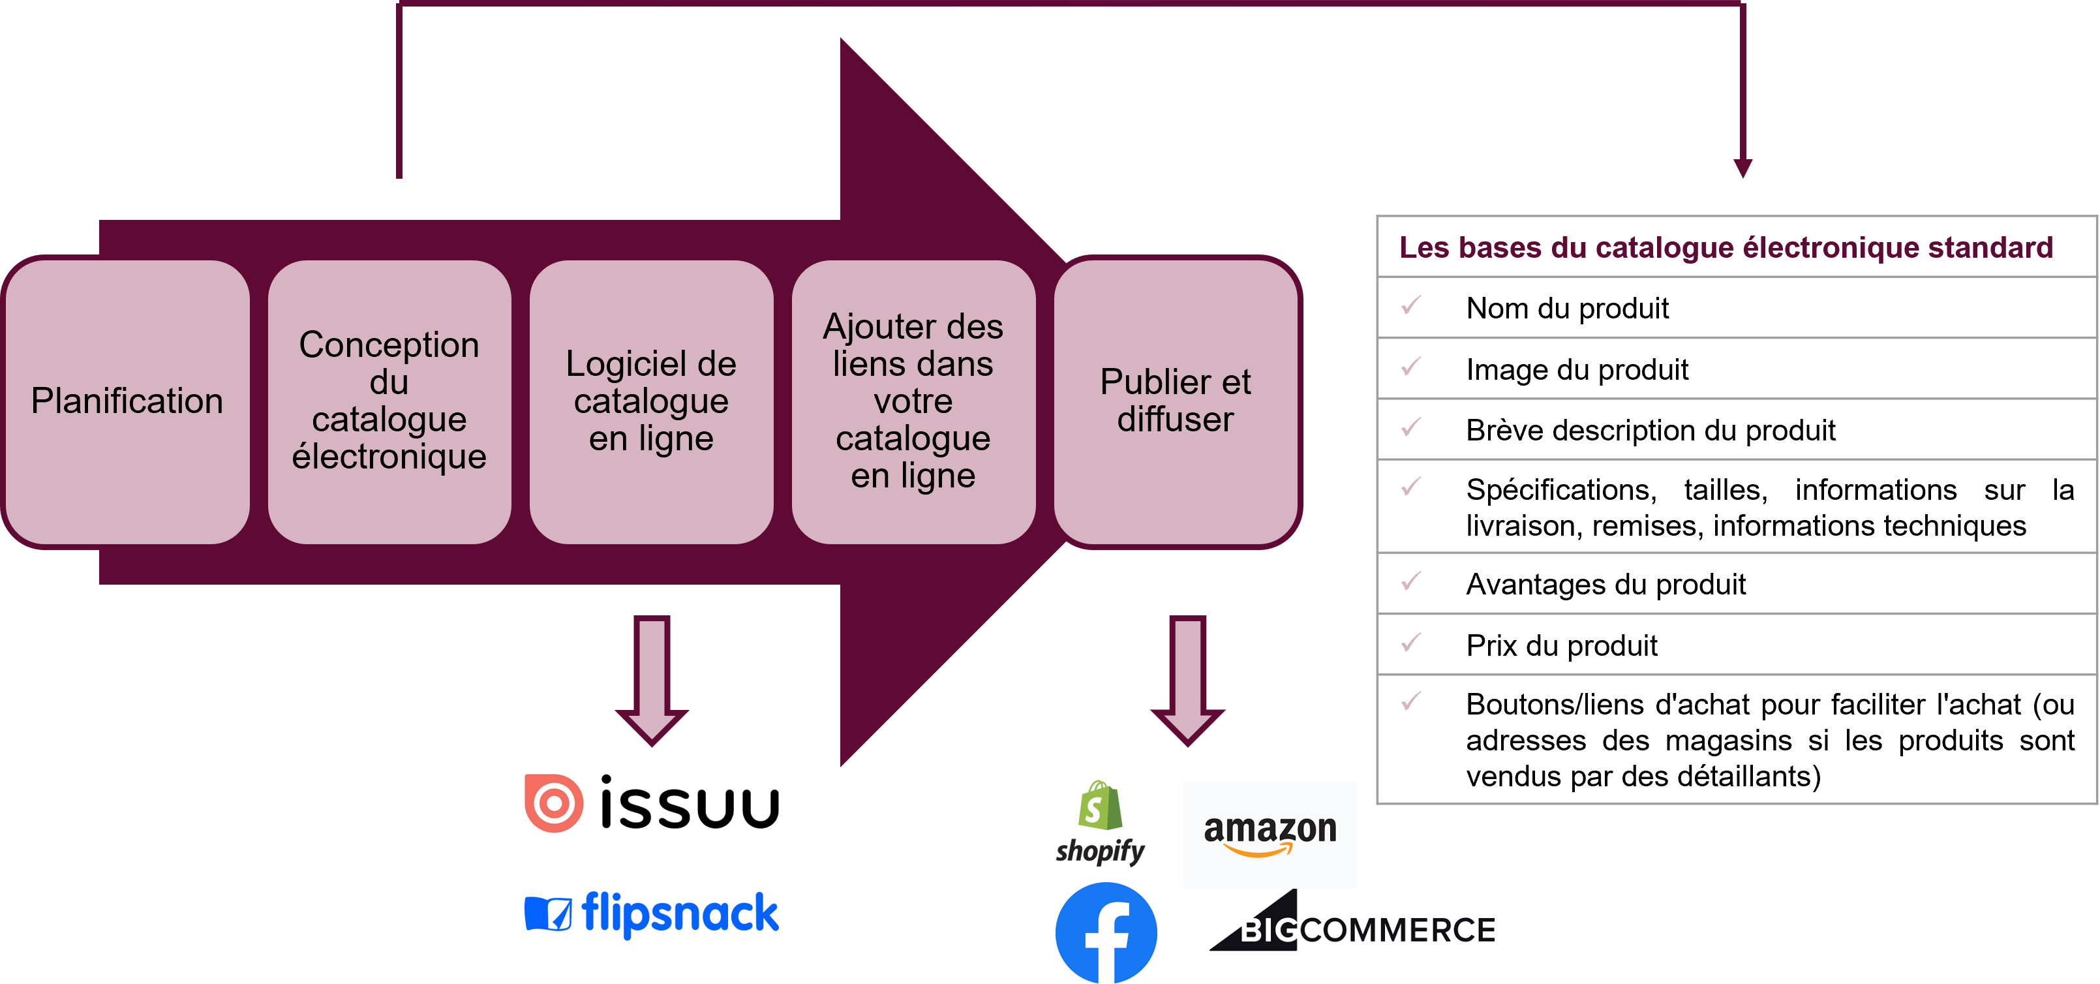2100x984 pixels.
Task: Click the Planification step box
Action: coord(127,402)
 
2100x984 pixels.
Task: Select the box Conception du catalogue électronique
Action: coord(389,402)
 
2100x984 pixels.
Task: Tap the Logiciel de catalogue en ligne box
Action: coord(651,402)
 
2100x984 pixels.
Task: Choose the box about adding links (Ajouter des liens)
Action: coord(913,402)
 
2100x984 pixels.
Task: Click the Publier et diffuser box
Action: coord(1176,402)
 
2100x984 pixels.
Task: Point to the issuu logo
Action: coord(652,803)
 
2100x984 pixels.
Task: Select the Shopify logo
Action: coord(1100,823)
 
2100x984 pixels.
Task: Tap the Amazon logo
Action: coord(1270,834)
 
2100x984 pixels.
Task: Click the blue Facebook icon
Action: coord(1106,932)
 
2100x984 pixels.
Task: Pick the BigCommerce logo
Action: coord(1352,921)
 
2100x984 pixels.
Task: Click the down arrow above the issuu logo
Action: coord(652,680)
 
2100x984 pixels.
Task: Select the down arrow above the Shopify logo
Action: coord(1188,680)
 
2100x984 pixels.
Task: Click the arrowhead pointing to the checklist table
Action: coord(1743,169)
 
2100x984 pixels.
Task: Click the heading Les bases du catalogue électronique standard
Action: coord(1726,247)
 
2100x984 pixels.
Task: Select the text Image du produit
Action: coord(1577,369)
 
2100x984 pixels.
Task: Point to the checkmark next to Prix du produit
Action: coord(1411,643)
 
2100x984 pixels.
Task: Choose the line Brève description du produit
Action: coord(1650,429)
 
